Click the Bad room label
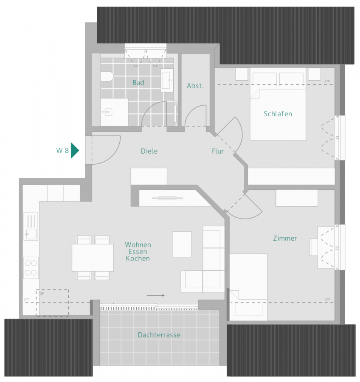[x=138, y=83]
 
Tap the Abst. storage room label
[x=195, y=86]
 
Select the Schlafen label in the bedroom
[x=278, y=114]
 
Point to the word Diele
[x=149, y=151]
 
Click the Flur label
[x=218, y=151]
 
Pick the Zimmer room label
[x=285, y=239]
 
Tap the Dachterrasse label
[x=159, y=335]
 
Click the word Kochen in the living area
[x=138, y=258]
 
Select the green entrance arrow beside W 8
[x=75, y=150]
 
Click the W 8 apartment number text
[x=62, y=150]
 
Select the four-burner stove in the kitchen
[x=31, y=267]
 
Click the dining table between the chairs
[x=93, y=258]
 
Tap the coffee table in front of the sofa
[x=182, y=244]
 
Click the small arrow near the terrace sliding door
[x=155, y=295]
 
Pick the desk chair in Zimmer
[x=313, y=247]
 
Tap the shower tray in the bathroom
[x=114, y=112]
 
